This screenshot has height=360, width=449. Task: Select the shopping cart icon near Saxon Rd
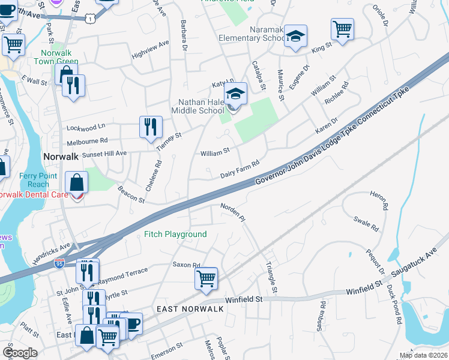(x=205, y=278)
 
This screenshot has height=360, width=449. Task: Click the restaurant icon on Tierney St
(x=149, y=127)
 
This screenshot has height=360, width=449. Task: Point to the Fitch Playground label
(x=176, y=234)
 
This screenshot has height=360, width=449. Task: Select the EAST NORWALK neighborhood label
(x=190, y=308)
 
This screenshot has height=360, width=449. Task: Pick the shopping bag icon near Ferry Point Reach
(x=77, y=183)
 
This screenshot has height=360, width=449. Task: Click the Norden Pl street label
(x=234, y=212)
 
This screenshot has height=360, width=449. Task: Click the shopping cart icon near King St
(x=342, y=29)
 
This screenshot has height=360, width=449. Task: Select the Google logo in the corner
(x=20, y=353)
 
